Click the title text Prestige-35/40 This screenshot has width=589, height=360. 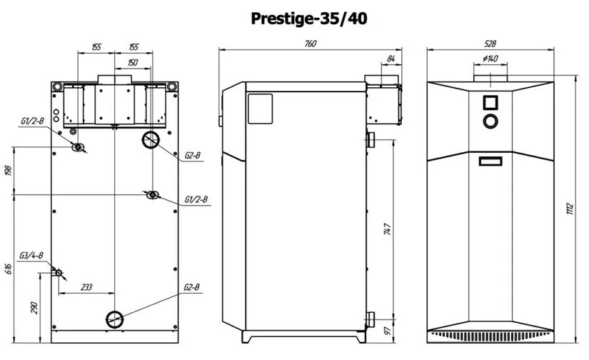click(308, 19)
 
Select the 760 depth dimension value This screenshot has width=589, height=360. click(311, 44)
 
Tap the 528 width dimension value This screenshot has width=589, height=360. click(490, 44)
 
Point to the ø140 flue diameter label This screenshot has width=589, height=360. click(490, 59)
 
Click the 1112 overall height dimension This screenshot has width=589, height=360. click(570, 209)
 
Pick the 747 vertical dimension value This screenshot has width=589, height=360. click(387, 229)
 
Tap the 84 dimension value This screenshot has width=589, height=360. click(391, 59)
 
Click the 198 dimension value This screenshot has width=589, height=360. click(9, 170)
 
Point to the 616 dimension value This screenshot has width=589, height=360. click(9, 269)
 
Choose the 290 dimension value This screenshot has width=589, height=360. click(34, 308)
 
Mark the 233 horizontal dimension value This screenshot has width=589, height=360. click(86, 287)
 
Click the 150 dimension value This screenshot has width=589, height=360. click(133, 62)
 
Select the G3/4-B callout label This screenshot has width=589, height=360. click(31, 256)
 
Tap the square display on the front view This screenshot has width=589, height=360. click(490, 103)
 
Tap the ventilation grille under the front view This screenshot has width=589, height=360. click(490, 336)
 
